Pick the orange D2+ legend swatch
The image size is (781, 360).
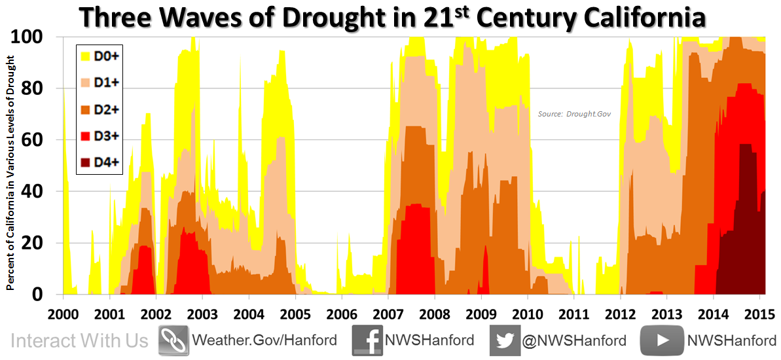pos(84,109)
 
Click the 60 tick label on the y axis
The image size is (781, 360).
pos(48,140)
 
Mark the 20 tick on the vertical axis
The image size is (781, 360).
pos(48,243)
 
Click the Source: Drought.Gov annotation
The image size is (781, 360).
pos(574,114)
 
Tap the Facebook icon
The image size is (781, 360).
pos(367,340)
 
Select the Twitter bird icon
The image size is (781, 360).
pos(505,340)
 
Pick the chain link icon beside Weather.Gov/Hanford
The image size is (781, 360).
pos(173,340)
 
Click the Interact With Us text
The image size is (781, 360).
pos(80,341)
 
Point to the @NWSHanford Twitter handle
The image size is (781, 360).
pos(575,340)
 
